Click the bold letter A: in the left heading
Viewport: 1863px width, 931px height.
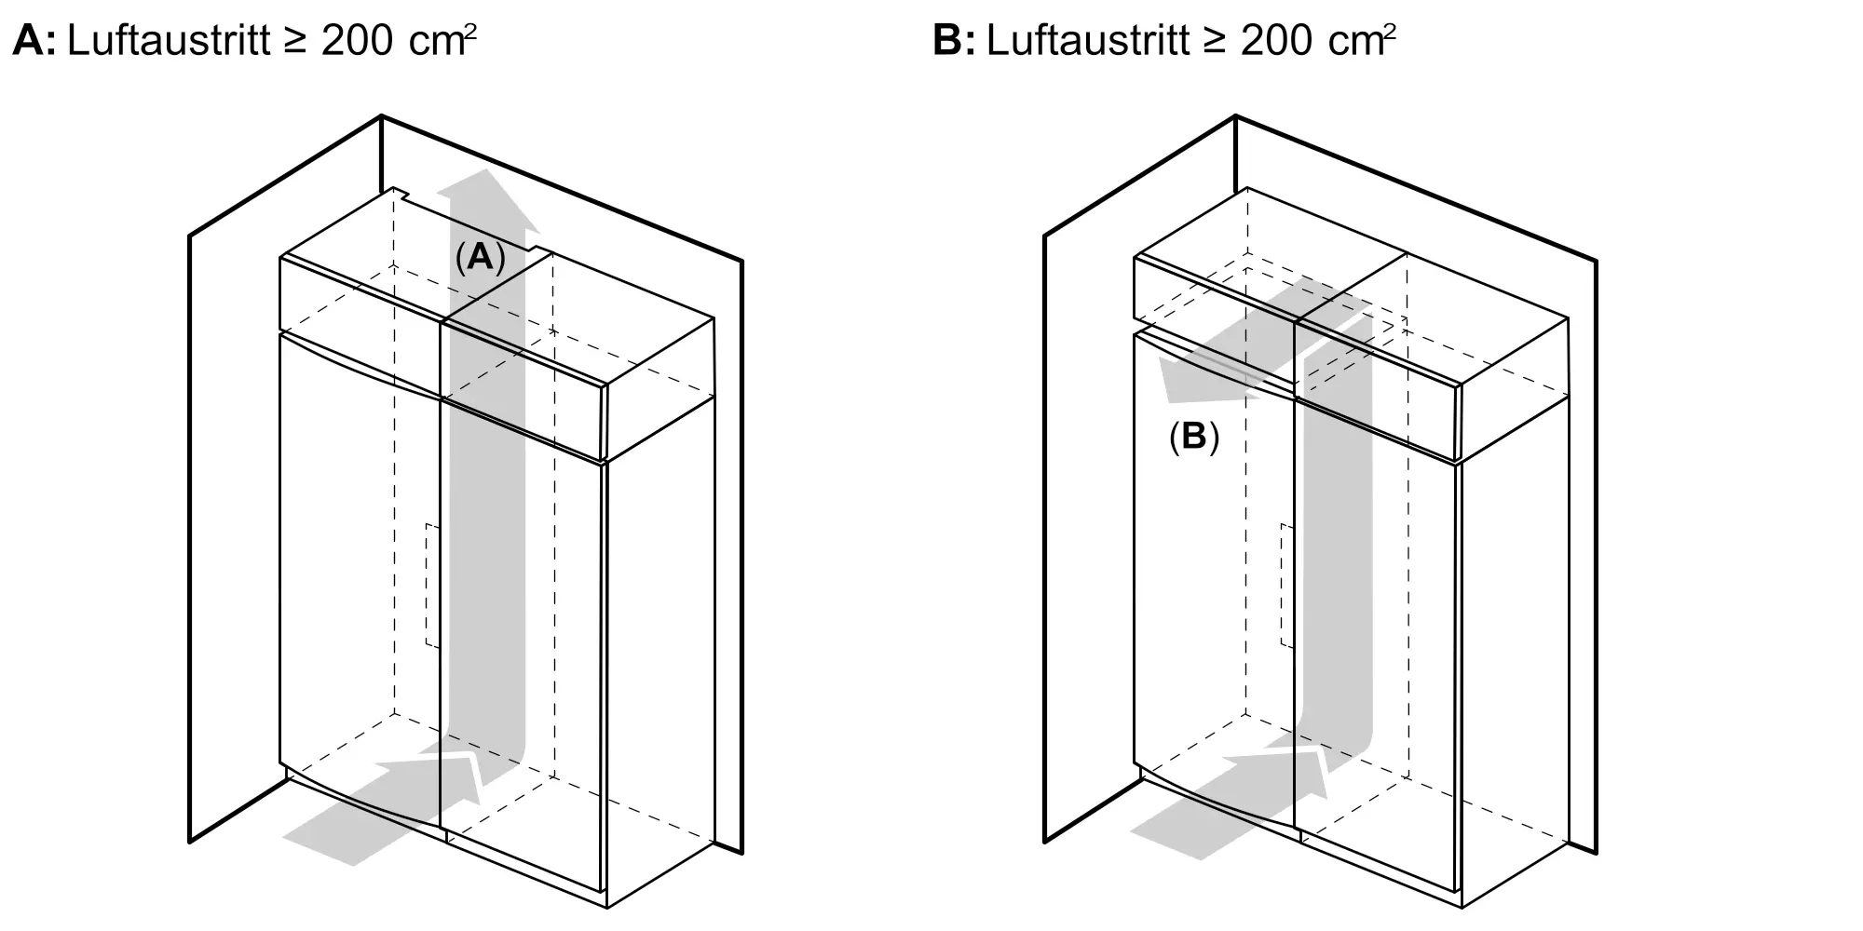coord(34,41)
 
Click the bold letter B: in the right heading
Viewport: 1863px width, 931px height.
coord(954,41)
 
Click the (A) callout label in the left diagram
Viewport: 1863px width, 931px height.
coord(480,257)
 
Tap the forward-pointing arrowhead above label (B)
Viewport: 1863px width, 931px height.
coord(1202,380)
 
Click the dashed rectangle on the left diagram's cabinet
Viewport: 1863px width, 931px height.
coord(433,586)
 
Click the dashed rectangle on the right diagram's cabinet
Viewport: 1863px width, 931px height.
coord(1288,586)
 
